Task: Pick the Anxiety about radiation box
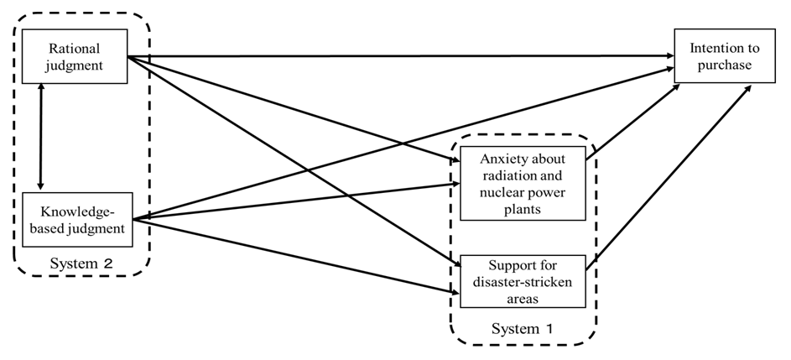pyautogui.click(x=523, y=185)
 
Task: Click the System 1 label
pyautogui.click(x=522, y=328)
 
